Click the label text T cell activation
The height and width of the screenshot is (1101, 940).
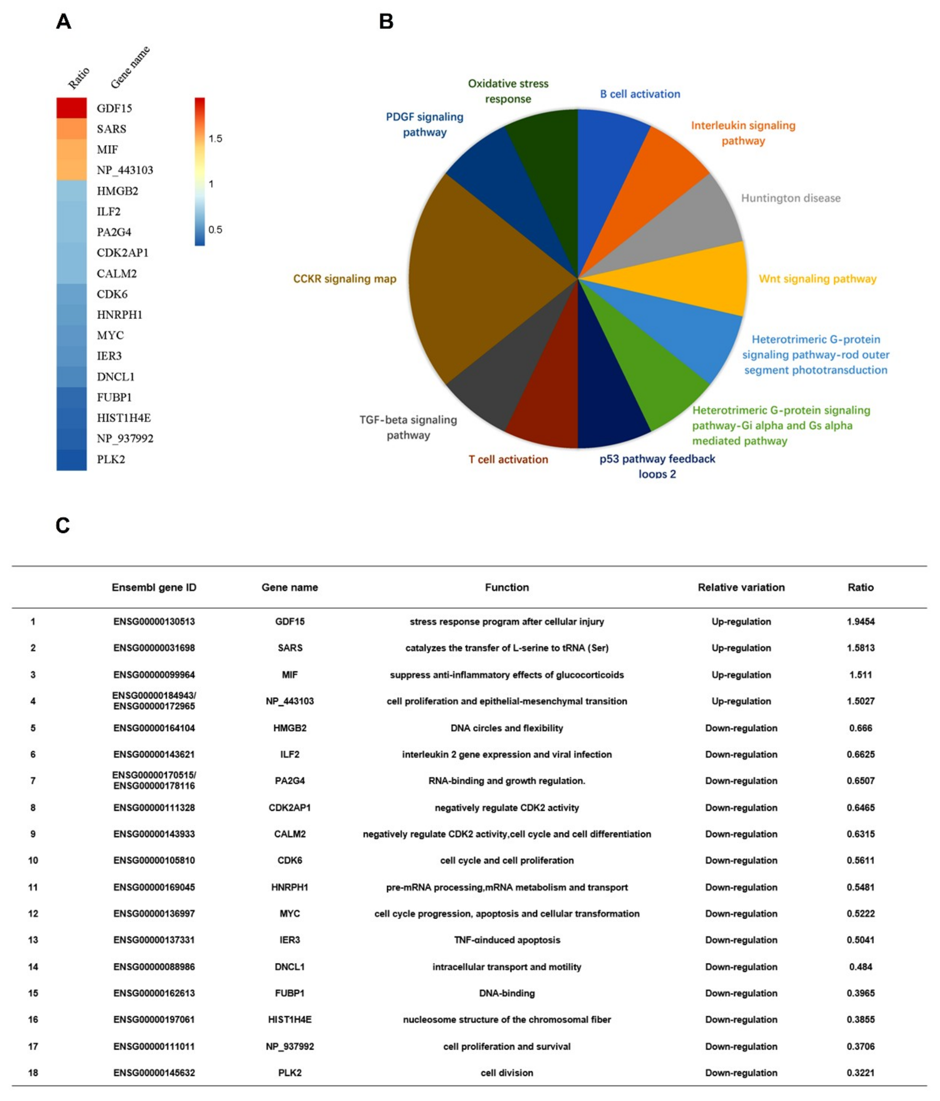pyautogui.click(x=508, y=459)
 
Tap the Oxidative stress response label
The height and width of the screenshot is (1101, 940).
pyautogui.click(x=508, y=91)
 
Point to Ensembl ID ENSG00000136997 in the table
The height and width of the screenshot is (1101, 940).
pyautogui.click(x=154, y=913)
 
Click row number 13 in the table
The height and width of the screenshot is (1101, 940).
pyautogui.click(x=33, y=940)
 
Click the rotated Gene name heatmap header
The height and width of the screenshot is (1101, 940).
pyautogui.click(x=130, y=67)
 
